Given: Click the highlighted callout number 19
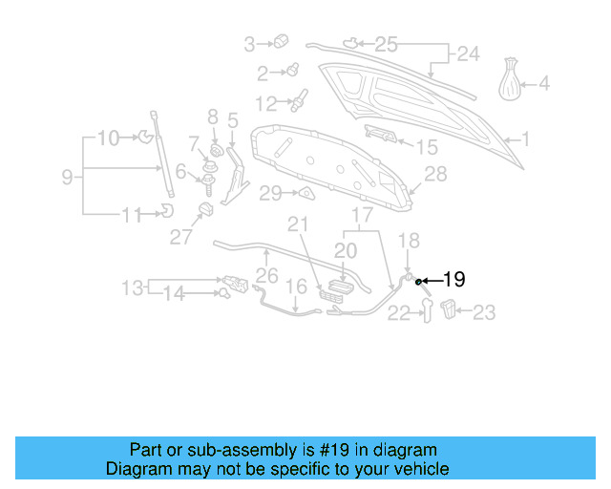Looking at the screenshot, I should (453, 280).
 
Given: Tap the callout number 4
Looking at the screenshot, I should (544, 83).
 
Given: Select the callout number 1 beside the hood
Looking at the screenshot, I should (524, 139).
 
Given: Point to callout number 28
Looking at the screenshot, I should (435, 173).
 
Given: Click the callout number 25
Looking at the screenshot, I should (385, 44).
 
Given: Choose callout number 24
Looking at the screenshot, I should (468, 54).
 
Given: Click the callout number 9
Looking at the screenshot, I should (67, 176).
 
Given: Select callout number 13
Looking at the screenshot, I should (132, 287).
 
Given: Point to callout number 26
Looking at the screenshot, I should (266, 277).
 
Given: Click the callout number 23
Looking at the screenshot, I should (485, 310).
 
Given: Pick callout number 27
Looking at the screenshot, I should (181, 237).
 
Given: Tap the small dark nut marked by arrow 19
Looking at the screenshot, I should (419, 281).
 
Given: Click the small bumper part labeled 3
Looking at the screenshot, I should (282, 41).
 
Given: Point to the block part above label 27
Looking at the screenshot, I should (204, 210).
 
